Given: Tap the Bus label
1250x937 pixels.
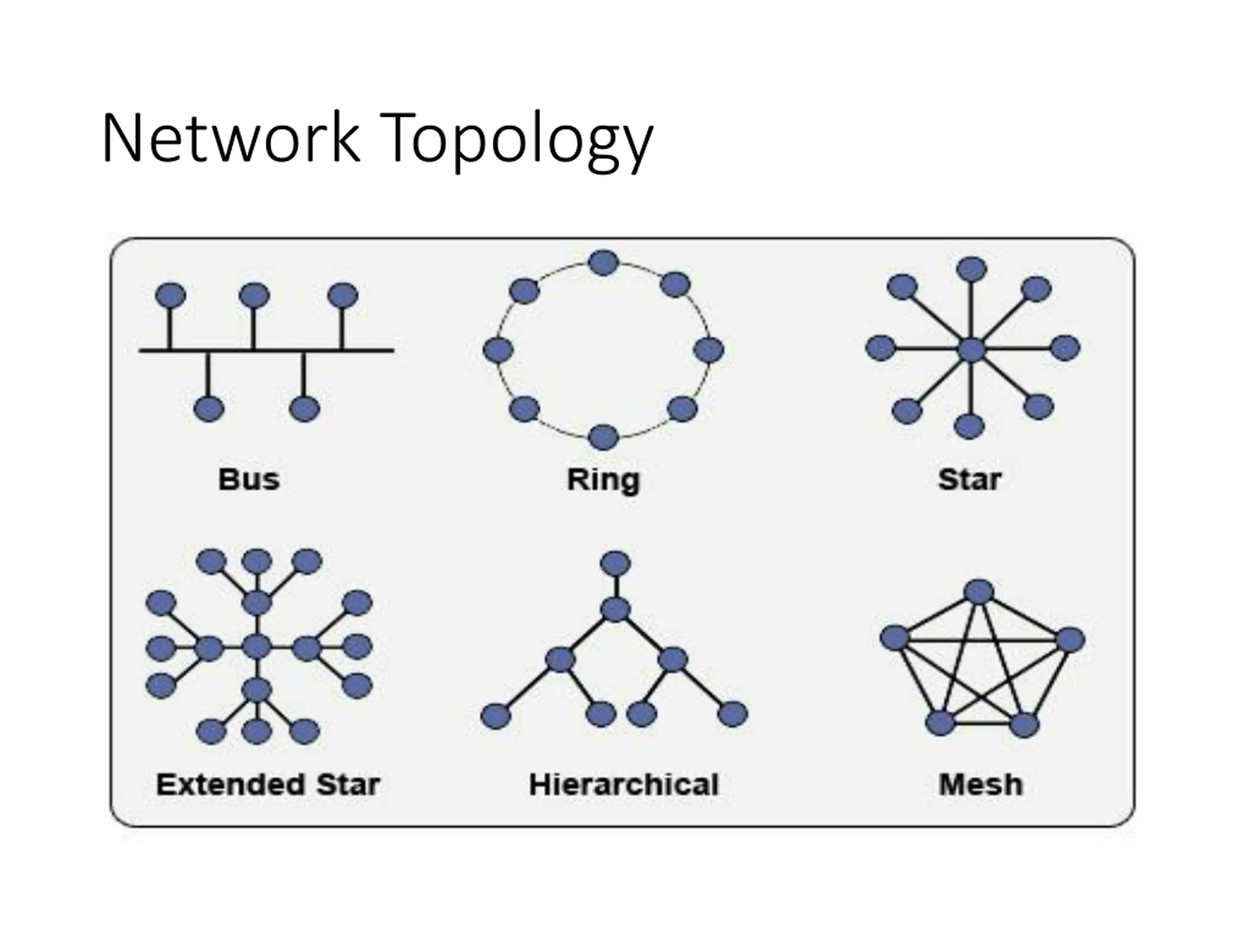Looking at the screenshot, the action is pyautogui.click(x=249, y=480).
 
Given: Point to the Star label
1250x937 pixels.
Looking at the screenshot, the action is pyautogui.click(x=970, y=480).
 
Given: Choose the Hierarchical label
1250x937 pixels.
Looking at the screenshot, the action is pyautogui.click(x=624, y=785).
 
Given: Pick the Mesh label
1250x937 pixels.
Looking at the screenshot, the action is pyautogui.click(x=981, y=785).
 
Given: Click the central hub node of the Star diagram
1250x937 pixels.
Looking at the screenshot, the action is pyautogui.click(x=971, y=349).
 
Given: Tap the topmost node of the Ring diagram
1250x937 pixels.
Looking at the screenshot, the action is pyautogui.click(x=604, y=263).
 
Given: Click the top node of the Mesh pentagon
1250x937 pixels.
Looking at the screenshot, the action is pyautogui.click(x=979, y=591).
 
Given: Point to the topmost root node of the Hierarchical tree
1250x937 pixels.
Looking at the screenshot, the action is pyautogui.click(x=615, y=564).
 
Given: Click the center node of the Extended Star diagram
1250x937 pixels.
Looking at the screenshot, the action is pyautogui.click(x=256, y=647).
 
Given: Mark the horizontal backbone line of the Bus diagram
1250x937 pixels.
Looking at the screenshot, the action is pyautogui.click(x=266, y=351).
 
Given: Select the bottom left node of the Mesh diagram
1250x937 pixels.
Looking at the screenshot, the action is pyautogui.click(x=940, y=723).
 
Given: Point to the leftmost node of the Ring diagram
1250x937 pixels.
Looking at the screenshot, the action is pyautogui.click(x=499, y=350).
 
